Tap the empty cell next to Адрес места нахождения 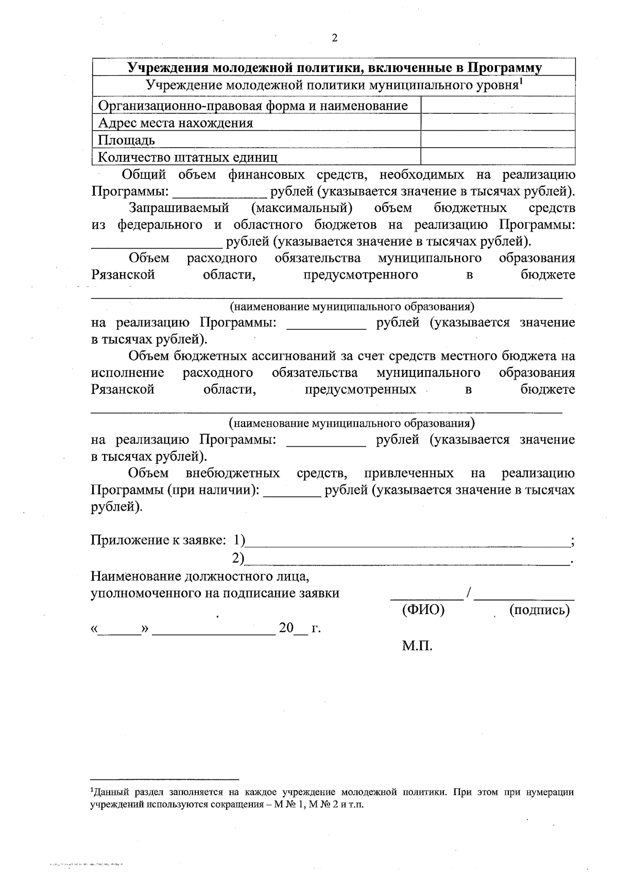(x=497, y=123)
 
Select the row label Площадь (x=127, y=140)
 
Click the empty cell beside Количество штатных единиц (x=497, y=156)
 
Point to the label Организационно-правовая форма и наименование (x=253, y=106)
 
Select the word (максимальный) (x=302, y=208)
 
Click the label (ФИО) (x=423, y=610)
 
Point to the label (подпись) (x=539, y=610)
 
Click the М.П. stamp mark (x=417, y=646)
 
